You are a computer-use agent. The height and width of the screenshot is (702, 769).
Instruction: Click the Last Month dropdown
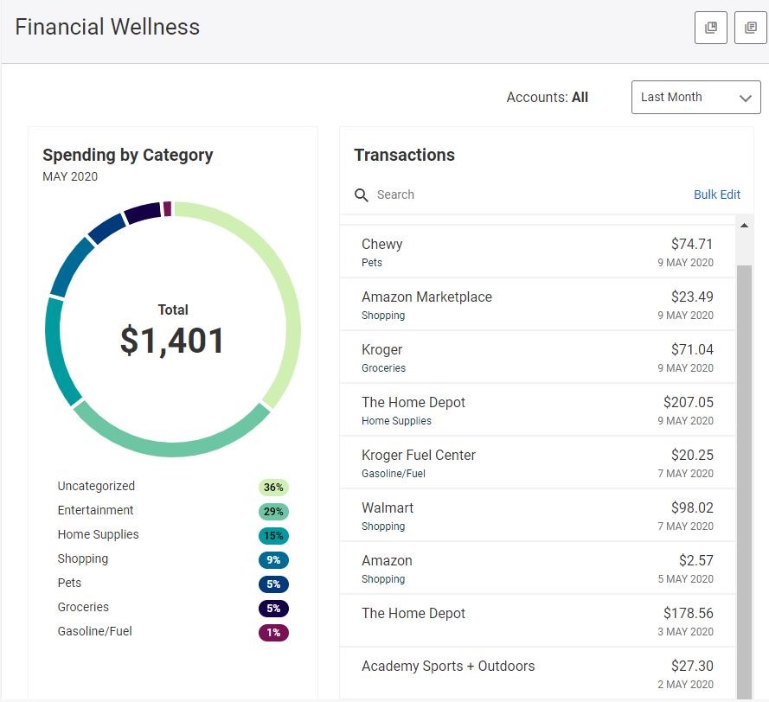pyautogui.click(x=695, y=98)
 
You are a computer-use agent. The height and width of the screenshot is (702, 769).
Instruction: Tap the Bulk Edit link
pyautogui.click(x=717, y=195)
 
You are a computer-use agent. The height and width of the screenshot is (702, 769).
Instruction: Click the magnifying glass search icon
pyautogui.click(x=362, y=195)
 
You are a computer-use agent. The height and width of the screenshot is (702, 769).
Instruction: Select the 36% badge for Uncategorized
pyautogui.click(x=273, y=488)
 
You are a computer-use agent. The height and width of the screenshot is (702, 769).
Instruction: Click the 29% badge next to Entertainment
pyautogui.click(x=273, y=512)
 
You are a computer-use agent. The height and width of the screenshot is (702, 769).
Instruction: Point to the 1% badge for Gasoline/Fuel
pyautogui.click(x=273, y=633)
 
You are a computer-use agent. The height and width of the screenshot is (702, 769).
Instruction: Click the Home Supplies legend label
pyautogui.click(x=98, y=534)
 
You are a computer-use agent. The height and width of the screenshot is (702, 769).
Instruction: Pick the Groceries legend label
pyautogui.click(x=83, y=607)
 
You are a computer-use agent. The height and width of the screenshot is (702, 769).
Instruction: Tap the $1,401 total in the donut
pyautogui.click(x=172, y=340)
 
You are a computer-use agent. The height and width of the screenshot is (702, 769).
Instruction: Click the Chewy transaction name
pyautogui.click(x=381, y=244)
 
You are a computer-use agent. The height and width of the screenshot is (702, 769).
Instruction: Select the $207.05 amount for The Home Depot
pyautogui.click(x=688, y=402)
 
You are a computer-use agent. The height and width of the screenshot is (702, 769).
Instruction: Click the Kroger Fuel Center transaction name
pyautogui.click(x=418, y=455)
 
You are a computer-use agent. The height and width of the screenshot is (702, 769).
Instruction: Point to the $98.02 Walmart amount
pyautogui.click(x=692, y=507)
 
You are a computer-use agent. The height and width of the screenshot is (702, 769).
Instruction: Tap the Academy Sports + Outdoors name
pyautogui.click(x=447, y=666)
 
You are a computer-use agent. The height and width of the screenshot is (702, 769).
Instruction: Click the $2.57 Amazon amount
pyautogui.click(x=695, y=560)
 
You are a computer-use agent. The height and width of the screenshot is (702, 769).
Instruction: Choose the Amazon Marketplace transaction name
pyautogui.click(x=426, y=297)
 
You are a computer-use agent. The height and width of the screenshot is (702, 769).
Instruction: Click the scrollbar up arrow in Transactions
pyautogui.click(x=744, y=226)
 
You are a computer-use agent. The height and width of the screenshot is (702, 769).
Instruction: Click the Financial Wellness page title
pyautogui.click(x=107, y=27)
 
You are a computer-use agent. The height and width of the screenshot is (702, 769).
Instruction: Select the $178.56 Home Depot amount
pyautogui.click(x=688, y=613)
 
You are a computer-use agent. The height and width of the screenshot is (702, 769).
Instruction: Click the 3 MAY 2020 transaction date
pyautogui.click(x=685, y=632)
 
